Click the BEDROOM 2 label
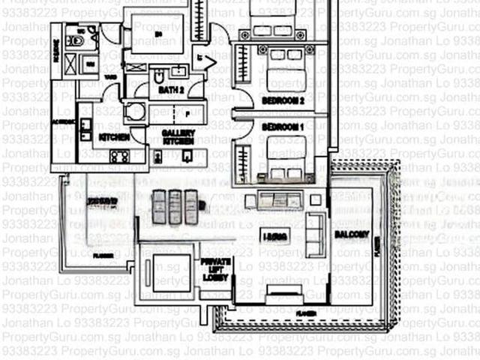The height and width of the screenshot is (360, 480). pyautogui.click(x=283, y=100)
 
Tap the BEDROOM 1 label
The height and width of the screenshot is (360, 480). pyautogui.click(x=283, y=127)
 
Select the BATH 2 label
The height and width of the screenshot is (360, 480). pyautogui.click(x=172, y=90)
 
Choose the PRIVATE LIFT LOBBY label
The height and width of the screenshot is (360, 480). pyautogui.click(x=215, y=270)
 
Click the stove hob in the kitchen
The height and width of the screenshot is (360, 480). pyautogui.click(x=119, y=156)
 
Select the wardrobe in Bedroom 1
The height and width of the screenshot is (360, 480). pyautogui.click(x=242, y=163)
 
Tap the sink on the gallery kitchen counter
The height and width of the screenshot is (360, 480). pyautogui.click(x=187, y=155)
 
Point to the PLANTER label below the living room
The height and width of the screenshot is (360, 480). pyautogui.click(x=304, y=311)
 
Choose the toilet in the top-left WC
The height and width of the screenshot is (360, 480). pyautogui.click(x=75, y=38)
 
